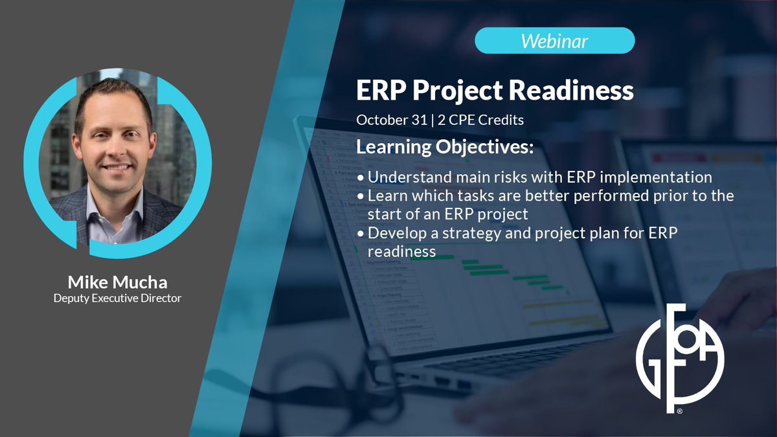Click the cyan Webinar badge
555,41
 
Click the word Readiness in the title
571,90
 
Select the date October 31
392,120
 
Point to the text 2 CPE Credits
480,120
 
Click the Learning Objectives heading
445,147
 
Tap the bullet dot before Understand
361,178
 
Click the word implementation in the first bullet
656,177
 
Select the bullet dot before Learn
361,197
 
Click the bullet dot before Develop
361,234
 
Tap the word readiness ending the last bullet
401,252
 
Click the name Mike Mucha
118,282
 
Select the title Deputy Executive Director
118,298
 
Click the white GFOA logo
680,357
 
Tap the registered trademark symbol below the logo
680,411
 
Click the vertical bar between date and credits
433,120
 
